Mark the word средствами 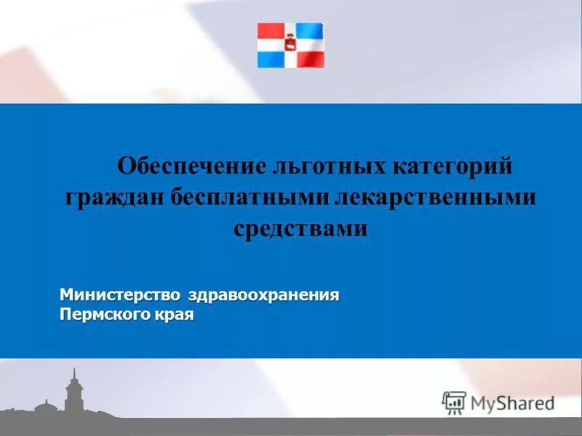[300, 228]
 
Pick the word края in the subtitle [174, 316]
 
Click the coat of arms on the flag [290, 45]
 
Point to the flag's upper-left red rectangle [270, 33]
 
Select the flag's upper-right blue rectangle [311, 33]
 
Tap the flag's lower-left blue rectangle [270, 58]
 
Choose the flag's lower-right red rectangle [311, 58]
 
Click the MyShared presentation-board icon [454, 402]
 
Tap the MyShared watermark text [512, 403]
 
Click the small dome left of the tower [45, 403]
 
